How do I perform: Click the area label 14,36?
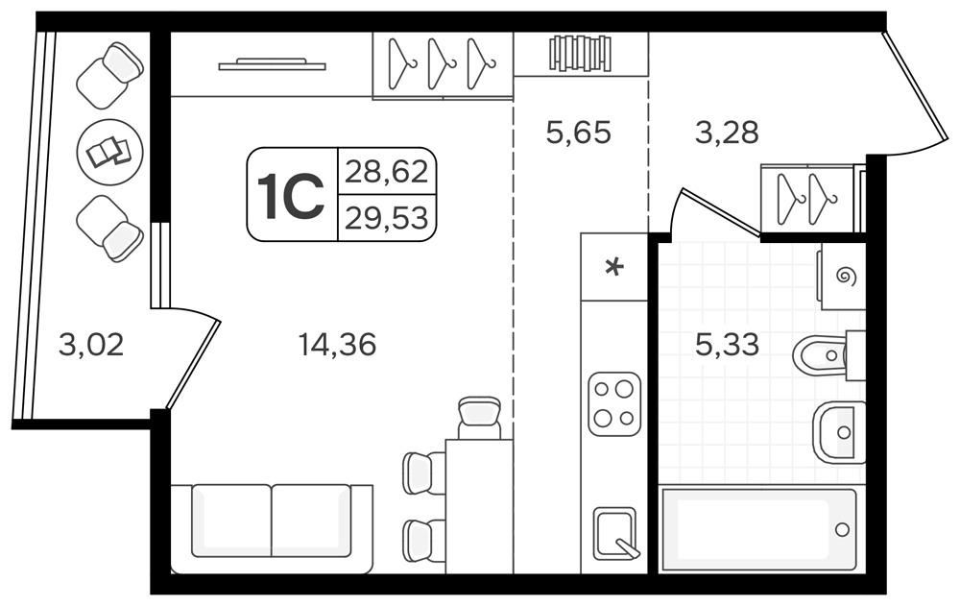(337, 345)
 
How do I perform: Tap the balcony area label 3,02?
(91, 345)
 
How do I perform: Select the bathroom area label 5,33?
(727, 345)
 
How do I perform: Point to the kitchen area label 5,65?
(579, 133)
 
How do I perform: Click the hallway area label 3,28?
(727, 133)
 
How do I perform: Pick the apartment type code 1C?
(291, 194)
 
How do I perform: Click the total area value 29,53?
(386, 217)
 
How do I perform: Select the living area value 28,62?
(386, 172)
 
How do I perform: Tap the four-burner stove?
(614, 403)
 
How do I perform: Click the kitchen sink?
(615, 533)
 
